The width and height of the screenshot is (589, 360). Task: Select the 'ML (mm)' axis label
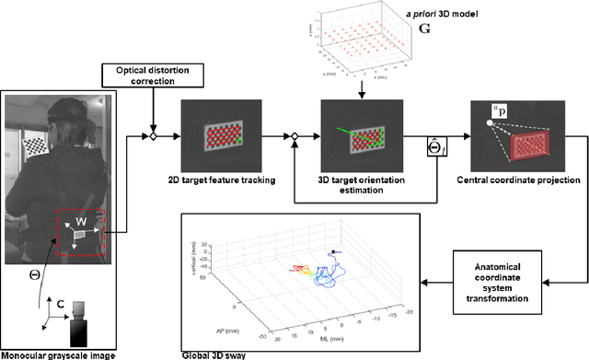tap(326, 335)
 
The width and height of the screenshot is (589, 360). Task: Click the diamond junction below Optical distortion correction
tap(154, 136)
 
